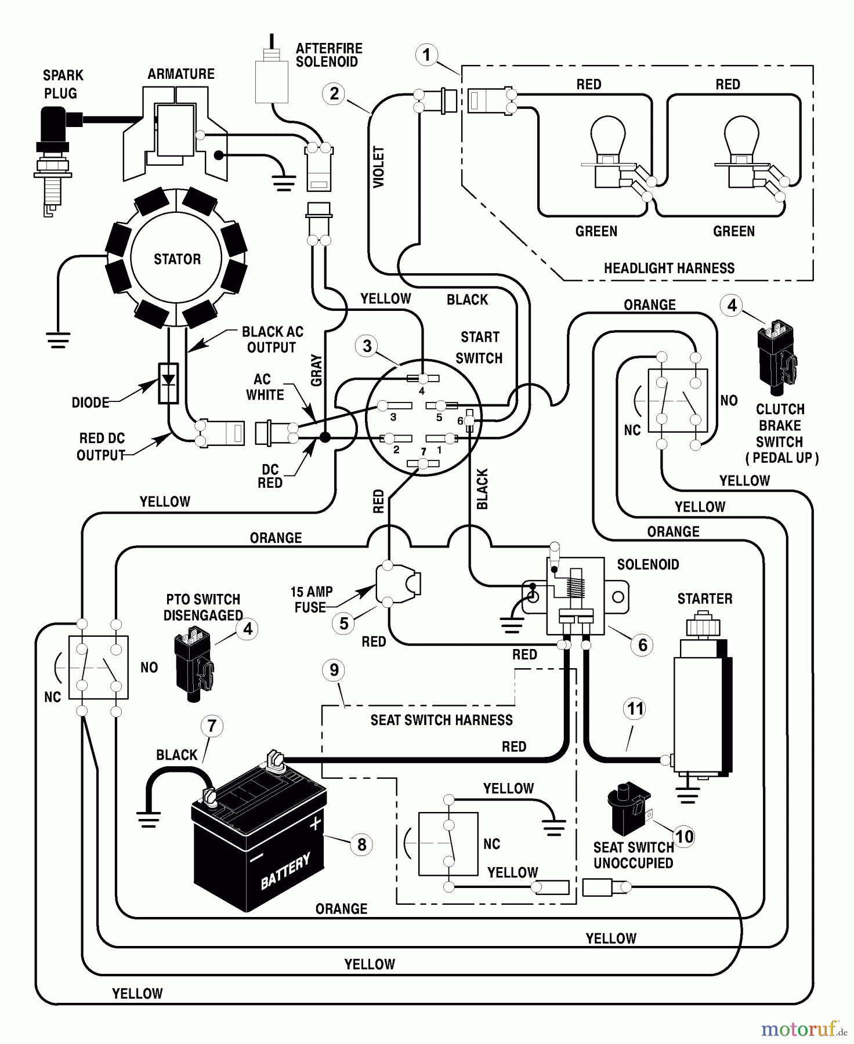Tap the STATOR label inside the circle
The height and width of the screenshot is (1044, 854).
[177, 259]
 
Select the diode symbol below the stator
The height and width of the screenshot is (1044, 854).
[168, 383]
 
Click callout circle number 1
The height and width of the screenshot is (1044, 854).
[427, 56]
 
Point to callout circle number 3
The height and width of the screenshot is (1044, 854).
[367, 346]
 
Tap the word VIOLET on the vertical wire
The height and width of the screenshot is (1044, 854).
[379, 167]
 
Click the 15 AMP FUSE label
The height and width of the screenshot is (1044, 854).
[312, 600]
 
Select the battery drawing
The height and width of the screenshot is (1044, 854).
[261, 835]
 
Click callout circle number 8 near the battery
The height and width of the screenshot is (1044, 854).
[361, 844]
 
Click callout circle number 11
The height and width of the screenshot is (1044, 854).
[635, 709]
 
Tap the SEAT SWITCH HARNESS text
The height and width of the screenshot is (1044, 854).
[442, 720]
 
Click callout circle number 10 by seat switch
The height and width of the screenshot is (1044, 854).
[685, 836]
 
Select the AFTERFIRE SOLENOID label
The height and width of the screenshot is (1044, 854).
[328, 55]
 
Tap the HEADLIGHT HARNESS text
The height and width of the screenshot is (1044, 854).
[669, 269]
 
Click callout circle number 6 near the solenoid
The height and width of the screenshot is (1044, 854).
[642, 645]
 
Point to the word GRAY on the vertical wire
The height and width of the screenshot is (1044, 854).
[317, 370]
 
